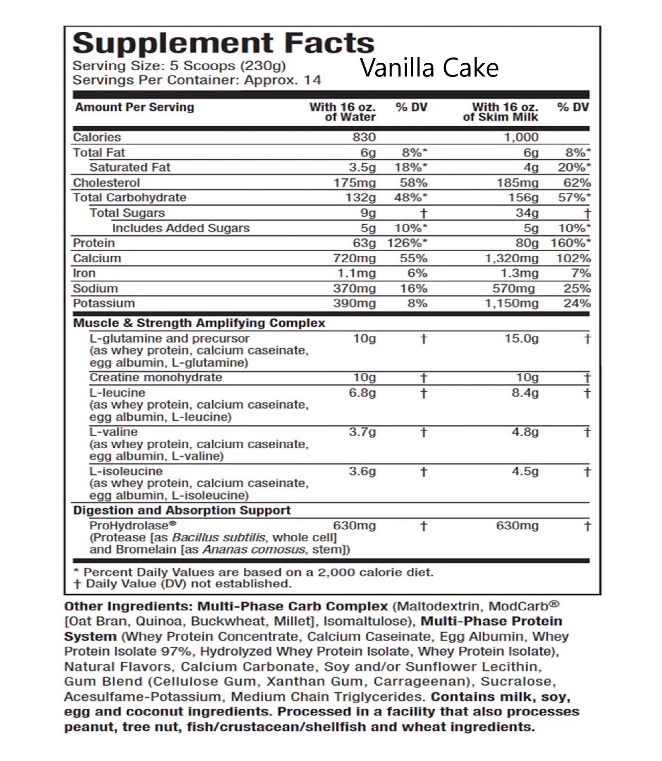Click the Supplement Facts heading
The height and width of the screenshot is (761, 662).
pos(223,43)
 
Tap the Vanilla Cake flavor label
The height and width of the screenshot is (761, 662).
pos(429,68)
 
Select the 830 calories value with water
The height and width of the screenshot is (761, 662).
pos(364,137)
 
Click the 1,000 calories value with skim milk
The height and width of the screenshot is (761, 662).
pos(521,137)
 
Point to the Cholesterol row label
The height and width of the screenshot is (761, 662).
pos(106,182)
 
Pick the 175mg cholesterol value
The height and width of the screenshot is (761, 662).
pos(355,182)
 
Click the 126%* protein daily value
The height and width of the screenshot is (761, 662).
pos(407,243)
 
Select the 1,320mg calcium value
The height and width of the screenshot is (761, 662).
pos(511,258)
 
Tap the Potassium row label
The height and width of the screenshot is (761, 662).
pos(104,303)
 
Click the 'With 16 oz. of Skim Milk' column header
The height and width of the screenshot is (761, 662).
pos(501,112)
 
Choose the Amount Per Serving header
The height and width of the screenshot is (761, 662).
pos(134,107)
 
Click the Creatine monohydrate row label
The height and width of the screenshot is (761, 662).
pos(156,377)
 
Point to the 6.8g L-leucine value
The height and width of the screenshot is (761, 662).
pos(362,392)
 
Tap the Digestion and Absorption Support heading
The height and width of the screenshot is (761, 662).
pos(182,510)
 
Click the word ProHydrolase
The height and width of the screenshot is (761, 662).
pos(129,526)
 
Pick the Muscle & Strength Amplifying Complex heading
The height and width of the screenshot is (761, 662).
pos(199,323)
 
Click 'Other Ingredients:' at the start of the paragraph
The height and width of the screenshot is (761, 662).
pos(128,607)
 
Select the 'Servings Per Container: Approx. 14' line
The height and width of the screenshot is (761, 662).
pos(197,80)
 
